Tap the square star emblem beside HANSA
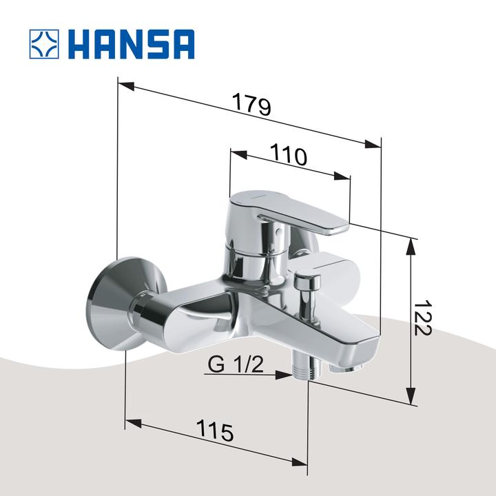(x=45, y=43)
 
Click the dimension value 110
(x=287, y=156)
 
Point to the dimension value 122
(x=422, y=318)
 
